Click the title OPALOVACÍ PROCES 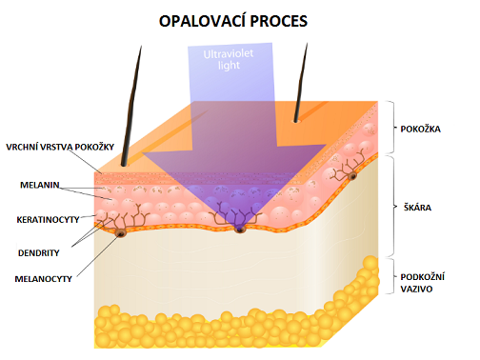click(240, 19)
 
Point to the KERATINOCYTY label click(49, 218)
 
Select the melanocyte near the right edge click(352, 177)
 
